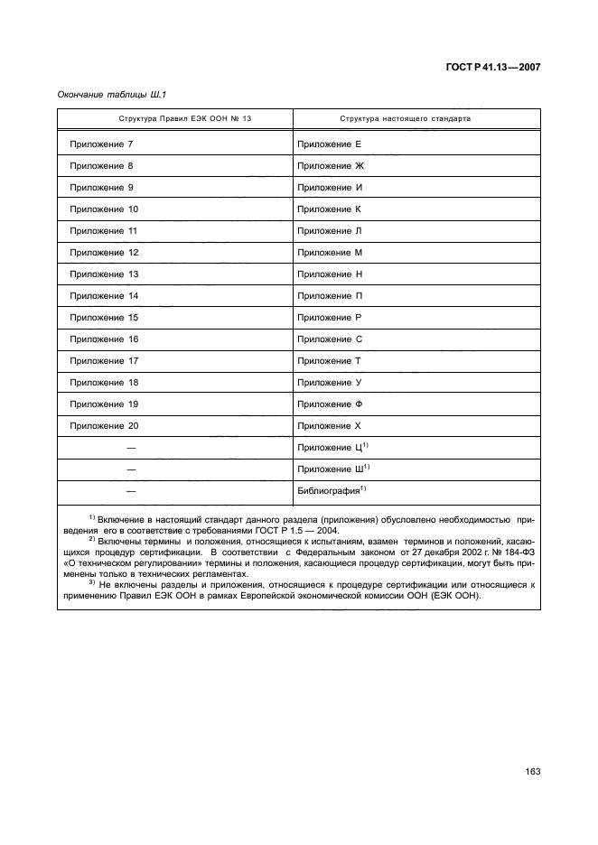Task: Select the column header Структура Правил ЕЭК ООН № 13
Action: point(176,119)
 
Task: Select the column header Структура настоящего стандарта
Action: point(404,119)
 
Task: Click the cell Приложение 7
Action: point(101,144)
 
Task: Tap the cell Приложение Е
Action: point(329,144)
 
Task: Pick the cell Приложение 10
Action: point(103,209)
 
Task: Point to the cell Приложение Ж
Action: point(330,166)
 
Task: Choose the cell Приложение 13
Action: point(103,274)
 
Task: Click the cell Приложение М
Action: point(330,253)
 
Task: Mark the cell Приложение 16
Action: point(103,339)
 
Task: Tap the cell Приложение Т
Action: point(329,361)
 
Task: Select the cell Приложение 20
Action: point(103,426)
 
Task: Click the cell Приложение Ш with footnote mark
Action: point(333,469)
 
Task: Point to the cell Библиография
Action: point(332,491)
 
